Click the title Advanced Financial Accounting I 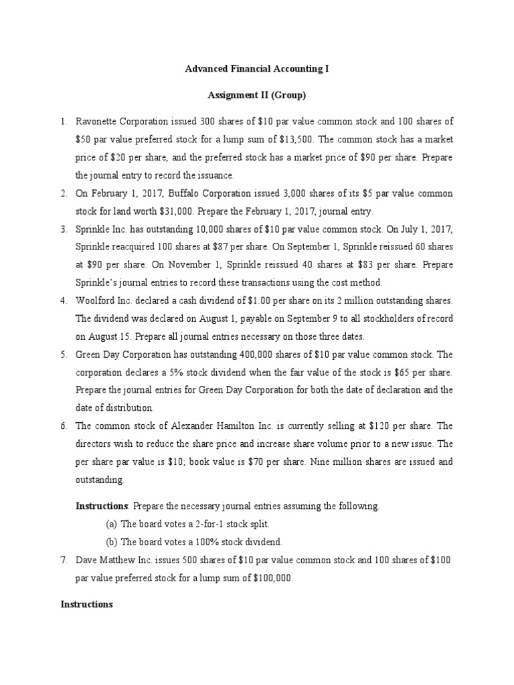[x=257, y=69]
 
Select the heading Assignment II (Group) [x=257, y=96]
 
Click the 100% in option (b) [x=189, y=541]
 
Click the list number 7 [x=64, y=559]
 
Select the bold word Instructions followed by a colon [x=100, y=506]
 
